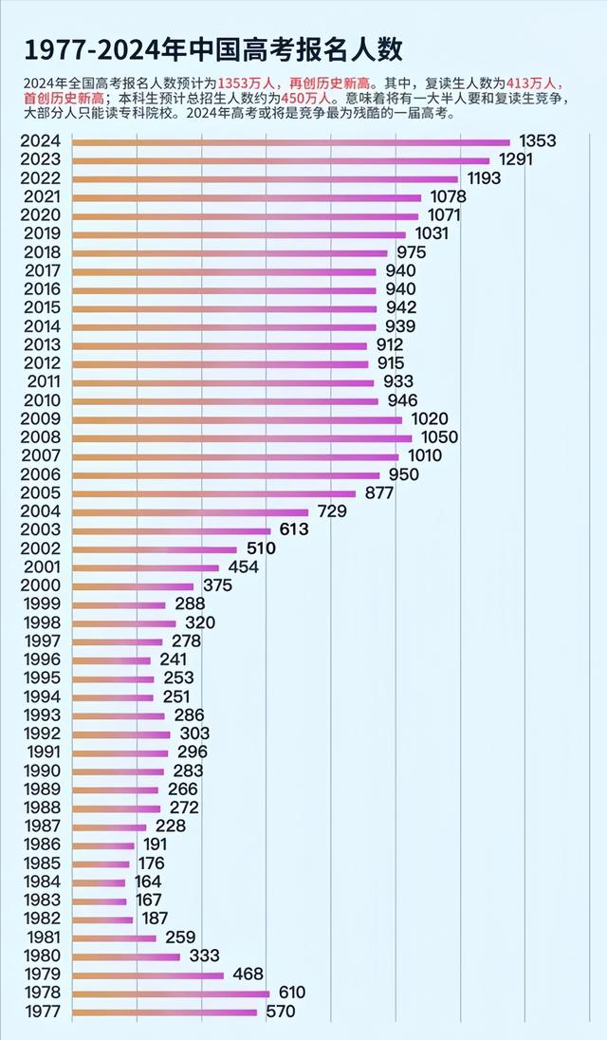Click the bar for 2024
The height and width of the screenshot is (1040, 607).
pos(291,142)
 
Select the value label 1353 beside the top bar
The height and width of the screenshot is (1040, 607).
pos(537,141)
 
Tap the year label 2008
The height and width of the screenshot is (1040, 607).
pos(40,437)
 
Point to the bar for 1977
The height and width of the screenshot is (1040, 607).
pos(165,1012)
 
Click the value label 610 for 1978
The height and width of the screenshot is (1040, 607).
pos(291,993)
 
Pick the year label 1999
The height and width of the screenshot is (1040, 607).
pos(40,604)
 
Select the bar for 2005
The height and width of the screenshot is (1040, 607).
pos(214,493)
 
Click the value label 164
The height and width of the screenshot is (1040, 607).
pos(147,882)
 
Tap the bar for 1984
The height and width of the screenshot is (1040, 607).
pos(100,882)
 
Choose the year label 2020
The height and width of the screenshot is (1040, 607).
pos(40,215)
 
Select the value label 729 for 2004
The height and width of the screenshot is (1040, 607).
pos(331,511)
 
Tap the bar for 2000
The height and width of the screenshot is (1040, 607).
pos(133,585)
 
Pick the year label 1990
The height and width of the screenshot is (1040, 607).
pos(40,771)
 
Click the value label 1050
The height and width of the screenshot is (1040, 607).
pos(440,437)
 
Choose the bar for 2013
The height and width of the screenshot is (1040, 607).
pos(220,344)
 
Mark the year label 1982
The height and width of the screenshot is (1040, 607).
pos(40,919)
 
